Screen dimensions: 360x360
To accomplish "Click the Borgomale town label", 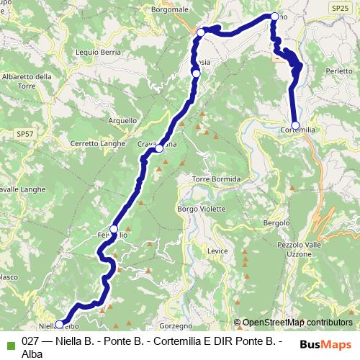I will (x=170, y=10).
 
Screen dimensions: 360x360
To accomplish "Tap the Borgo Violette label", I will (x=197, y=209).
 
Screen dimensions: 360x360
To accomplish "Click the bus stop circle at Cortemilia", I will (x=295, y=125).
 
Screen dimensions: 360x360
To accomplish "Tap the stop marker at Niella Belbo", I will (x=59, y=324).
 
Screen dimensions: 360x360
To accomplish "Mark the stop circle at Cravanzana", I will (x=160, y=149).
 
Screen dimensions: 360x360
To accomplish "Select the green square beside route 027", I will (x=10, y=343).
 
